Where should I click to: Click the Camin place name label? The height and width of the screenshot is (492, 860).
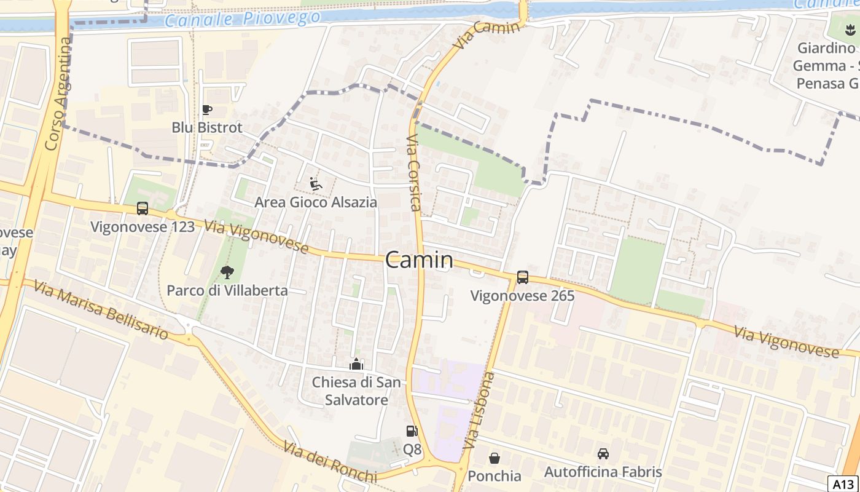coord(420,260)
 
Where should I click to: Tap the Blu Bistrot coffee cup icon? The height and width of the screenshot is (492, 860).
coord(207,110)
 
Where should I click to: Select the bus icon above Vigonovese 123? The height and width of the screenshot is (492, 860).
coord(143,208)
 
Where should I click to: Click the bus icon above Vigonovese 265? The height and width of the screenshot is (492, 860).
coord(523,277)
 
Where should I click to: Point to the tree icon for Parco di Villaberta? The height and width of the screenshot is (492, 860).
coord(227,272)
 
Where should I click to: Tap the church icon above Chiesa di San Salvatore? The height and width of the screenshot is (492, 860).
coord(356,364)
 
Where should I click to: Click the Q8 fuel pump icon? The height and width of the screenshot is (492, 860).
coord(412,432)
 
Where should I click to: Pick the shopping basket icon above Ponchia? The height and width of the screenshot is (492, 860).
coord(495,458)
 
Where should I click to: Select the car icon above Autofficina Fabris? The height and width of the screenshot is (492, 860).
coord(603,454)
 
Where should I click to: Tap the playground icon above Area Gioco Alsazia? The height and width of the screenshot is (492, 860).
coord(316,184)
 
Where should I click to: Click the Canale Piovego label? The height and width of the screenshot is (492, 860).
coord(243,19)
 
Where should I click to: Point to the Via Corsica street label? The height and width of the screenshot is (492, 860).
coord(414,173)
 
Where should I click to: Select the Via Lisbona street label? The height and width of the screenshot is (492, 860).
coord(480,410)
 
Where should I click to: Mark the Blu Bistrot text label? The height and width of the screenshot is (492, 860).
coord(207,128)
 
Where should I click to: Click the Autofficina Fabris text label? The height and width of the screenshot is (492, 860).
coord(603,472)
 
